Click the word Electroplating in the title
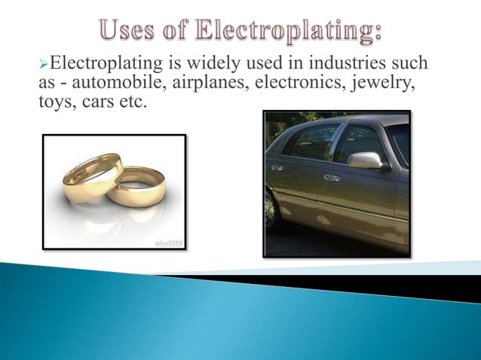pos(291,31)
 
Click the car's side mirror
pos(366,160)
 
